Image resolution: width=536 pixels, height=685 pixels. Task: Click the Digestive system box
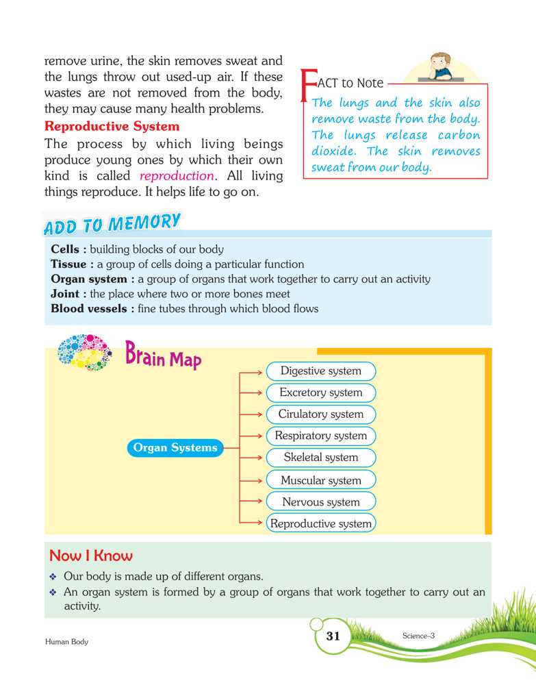point(320,371)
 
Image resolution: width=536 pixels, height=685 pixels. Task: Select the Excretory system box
point(320,393)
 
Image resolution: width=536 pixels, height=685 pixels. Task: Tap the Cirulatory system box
point(320,414)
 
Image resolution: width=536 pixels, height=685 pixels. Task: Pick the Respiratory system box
point(320,436)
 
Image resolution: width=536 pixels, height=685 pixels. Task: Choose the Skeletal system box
point(320,458)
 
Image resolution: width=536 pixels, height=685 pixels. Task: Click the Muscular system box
point(320,480)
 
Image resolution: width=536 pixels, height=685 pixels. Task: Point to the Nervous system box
point(320,502)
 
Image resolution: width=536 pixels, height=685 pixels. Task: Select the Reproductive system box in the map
point(320,524)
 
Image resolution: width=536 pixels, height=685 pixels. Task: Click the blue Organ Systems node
point(175,448)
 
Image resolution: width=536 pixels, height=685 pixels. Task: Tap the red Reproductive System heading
point(112,127)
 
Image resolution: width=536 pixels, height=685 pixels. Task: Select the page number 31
point(333,636)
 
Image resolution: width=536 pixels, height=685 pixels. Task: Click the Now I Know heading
point(91,555)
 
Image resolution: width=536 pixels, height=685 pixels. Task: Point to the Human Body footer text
point(66,642)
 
